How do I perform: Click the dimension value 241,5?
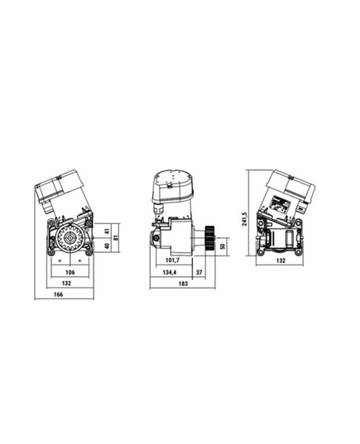tap(244, 218)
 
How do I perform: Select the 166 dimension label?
tap(58, 294)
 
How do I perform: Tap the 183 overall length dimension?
tap(183, 284)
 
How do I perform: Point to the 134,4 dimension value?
tap(170, 272)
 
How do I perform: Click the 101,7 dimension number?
tap(172, 260)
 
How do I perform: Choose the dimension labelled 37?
tap(199, 272)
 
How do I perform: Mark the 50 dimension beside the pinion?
tap(223, 246)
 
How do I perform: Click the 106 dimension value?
tap(70, 272)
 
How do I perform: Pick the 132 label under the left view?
tap(66, 283)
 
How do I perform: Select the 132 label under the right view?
tap(281, 260)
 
